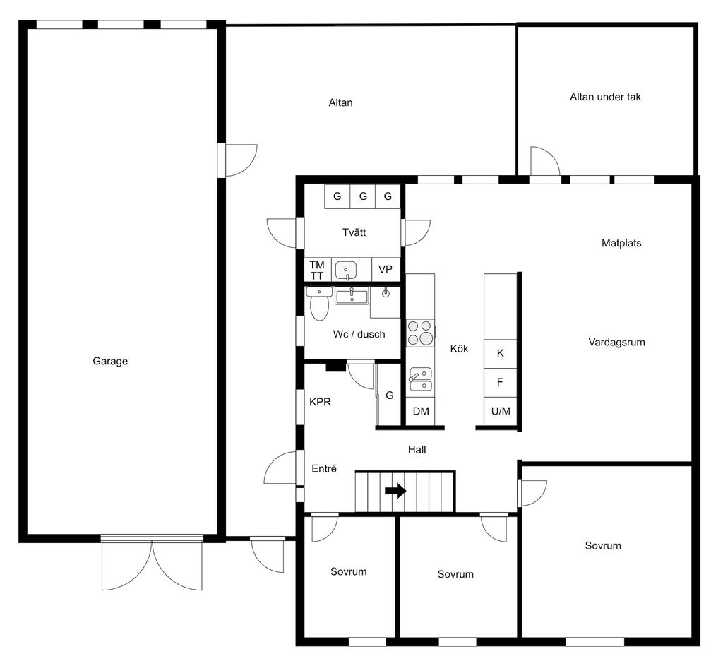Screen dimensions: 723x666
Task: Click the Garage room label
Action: [110, 361]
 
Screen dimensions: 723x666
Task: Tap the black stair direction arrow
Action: [395, 491]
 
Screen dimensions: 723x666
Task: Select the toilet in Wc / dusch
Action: [319, 304]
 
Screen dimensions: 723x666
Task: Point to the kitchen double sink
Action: [421, 379]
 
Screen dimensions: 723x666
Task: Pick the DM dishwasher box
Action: [421, 411]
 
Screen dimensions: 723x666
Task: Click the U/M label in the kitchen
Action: [501, 411]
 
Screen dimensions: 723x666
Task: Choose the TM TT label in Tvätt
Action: [317, 270]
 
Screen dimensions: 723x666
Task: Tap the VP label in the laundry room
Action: [386, 269]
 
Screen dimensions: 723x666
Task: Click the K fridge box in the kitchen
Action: [501, 354]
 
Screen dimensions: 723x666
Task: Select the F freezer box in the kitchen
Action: [501, 382]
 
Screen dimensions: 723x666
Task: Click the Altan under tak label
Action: [605, 97]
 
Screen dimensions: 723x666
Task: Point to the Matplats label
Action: [621, 243]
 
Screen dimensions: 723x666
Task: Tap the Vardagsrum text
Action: [616, 343]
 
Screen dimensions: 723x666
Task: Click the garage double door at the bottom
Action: [153, 563]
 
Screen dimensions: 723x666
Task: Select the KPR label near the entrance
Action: [320, 402]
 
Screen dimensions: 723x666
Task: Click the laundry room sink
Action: [346, 270]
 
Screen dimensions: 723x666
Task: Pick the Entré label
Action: [324, 468]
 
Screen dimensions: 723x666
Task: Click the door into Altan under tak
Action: [544, 162]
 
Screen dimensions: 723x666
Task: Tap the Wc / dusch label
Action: [359, 334]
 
